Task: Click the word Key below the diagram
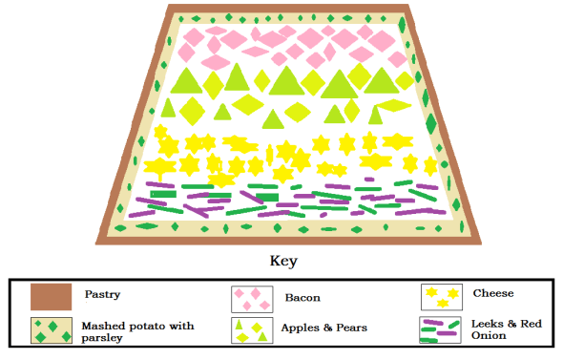point(283,260)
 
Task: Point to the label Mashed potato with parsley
point(137,331)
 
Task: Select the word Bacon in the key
point(302,298)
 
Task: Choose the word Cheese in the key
point(493,293)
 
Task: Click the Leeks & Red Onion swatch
point(442,329)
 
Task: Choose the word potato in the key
point(151,326)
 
